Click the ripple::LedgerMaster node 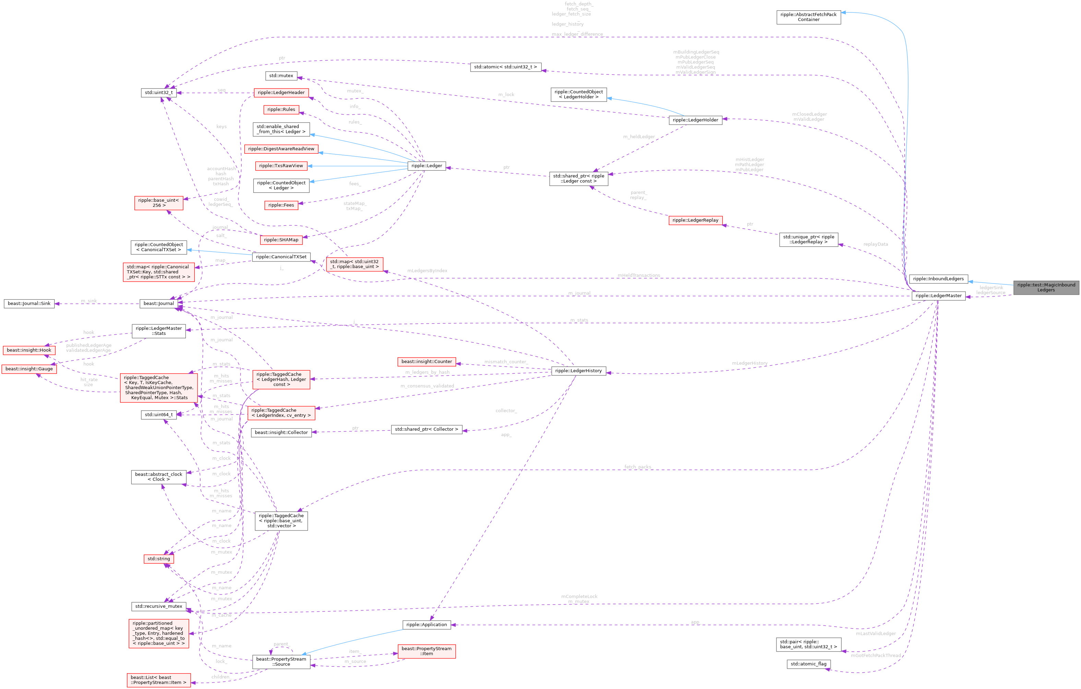coord(938,295)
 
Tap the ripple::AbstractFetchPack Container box coord(808,17)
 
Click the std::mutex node coord(281,75)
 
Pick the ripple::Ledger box coord(427,166)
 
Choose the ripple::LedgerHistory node coord(578,371)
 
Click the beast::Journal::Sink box coord(29,303)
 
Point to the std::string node coord(158,559)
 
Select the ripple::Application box coord(427,624)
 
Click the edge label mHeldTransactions coord(638,275)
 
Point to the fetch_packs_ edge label coord(638,467)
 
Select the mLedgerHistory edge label coord(750,363)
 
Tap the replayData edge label coord(875,244)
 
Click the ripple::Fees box coord(281,205)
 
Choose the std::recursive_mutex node coord(158,606)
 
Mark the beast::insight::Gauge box coord(29,369)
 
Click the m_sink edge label coord(89,301)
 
